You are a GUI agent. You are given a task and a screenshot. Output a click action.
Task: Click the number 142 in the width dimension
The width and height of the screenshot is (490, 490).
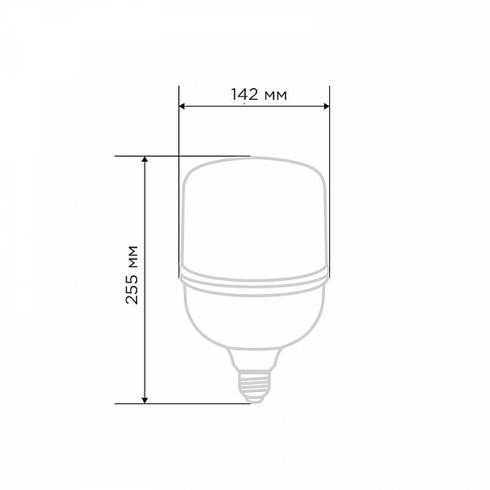point(244,94)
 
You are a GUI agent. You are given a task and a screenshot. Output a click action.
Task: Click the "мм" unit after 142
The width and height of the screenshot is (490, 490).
point(276,95)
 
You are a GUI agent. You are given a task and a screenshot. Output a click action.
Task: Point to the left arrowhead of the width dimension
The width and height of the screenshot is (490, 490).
point(181,106)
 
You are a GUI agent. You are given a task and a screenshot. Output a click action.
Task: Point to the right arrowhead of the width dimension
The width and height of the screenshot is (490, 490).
point(327,106)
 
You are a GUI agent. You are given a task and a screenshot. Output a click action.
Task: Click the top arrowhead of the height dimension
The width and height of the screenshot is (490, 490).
point(145,158)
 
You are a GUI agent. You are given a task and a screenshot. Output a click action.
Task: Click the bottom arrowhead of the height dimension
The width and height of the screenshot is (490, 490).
point(145,400)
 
